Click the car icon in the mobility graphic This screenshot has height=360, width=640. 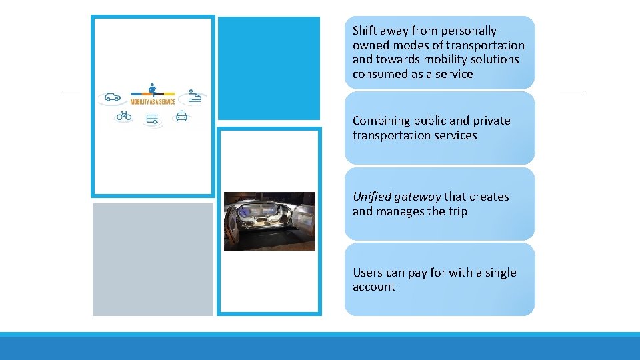point(113,97)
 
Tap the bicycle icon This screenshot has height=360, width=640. point(124,115)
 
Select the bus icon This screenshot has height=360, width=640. point(153,119)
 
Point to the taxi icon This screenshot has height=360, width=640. point(181,117)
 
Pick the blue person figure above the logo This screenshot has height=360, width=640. point(153,87)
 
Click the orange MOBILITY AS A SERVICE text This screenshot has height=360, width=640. point(152,102)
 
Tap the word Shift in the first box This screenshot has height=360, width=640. point(365,31)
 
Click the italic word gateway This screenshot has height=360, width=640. point(417,197)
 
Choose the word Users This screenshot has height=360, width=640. point(368,273)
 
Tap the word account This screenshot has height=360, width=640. point(374,287)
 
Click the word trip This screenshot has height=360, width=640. point(457,212)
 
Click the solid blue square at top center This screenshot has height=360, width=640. point(269,68)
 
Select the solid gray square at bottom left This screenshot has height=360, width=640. point(153,259)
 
